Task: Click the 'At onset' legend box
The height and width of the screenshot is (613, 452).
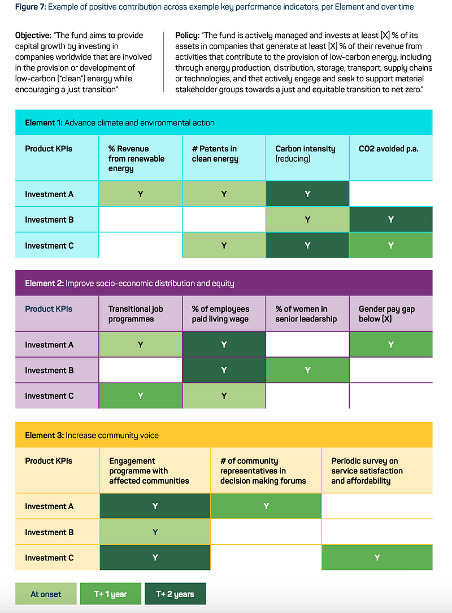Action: tap(46, 594)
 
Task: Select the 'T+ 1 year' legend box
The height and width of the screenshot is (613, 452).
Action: tap(110, 594)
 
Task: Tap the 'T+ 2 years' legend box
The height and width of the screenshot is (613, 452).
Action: tap(175, 594)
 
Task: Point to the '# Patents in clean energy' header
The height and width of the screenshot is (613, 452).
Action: tap(215, 154)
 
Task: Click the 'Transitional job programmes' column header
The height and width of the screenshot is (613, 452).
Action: tap(136, 314)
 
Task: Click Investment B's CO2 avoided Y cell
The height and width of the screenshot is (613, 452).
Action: tap(391, 219)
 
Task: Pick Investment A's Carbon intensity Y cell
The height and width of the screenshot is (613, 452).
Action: tap(307, 194)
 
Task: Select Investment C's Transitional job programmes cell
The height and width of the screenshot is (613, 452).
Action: tap(141, 395)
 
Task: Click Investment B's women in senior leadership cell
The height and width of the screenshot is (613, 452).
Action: tap(307, 370)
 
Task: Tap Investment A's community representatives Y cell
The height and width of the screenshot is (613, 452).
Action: tap(266, 506)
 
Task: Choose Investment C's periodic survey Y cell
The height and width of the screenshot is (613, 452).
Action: tap(377, 558)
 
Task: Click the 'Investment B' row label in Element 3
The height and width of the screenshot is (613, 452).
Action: tap(49, 532)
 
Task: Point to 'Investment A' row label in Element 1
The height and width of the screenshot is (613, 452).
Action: tap(49, 194)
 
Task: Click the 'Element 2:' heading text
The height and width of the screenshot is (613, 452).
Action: tap(44, 283)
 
